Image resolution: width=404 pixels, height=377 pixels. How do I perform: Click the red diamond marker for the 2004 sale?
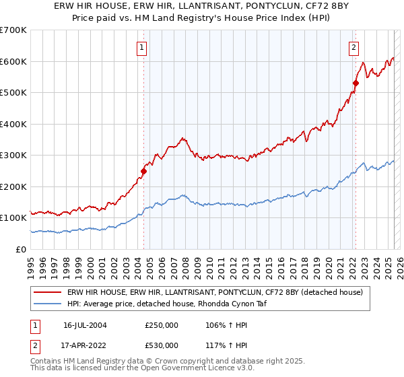pyautogui.click(x=143, y=171)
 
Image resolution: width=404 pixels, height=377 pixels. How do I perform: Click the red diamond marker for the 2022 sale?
pyautogui.click(x=355, y=83)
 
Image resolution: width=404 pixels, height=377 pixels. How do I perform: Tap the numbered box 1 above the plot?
pyautogui.click(x=143, y=47)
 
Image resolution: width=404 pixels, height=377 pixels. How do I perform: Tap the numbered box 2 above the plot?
pyautogui.click(x=353, y=47)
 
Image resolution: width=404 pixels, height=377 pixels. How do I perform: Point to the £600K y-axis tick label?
pyautogui.click(x=13, y=61)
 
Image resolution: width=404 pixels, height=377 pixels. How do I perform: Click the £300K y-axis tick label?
pyautogui.click(x=13, y=156)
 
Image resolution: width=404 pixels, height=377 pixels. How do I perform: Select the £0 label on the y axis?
pyautogui.click(x=22, y=249)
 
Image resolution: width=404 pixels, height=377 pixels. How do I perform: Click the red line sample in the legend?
pyautogui.click(x=48, y=292)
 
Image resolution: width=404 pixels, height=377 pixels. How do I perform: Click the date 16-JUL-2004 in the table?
pyautogui.click(x=85, y=324)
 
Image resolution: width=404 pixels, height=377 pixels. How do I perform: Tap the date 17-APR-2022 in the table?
pyautogui.click(x=85, y=346)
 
